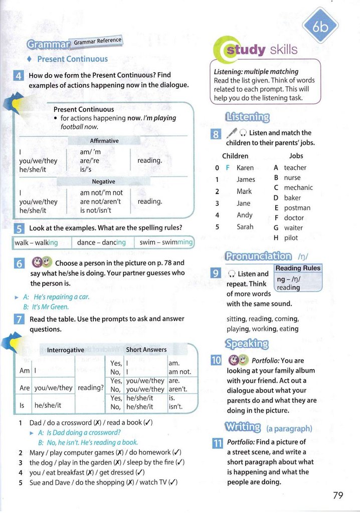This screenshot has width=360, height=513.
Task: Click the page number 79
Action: click(338, 495)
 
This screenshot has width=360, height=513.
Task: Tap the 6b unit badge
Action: click(320, 28)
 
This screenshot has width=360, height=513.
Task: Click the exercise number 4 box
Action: click(18, 76)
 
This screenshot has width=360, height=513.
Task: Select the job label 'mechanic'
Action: click(298, 187)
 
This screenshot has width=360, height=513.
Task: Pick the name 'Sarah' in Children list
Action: click(245, 227)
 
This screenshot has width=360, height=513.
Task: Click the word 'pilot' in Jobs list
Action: click(291, 237)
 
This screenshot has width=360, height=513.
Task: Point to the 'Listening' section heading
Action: click(247, 117)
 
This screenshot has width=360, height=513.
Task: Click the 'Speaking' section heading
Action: click(247, 344)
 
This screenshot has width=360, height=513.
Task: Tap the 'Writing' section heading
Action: click(243, 427)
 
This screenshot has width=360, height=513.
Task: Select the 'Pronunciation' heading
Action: click(258, 256)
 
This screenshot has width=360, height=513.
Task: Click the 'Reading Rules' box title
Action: click(298, 268)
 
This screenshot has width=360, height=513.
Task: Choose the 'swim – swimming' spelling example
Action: click(165, 242)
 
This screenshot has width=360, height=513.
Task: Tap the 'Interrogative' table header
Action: click(65, 350)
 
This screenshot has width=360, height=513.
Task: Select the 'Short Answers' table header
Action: click(146, 350)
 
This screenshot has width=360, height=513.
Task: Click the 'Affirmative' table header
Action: click(104, 141)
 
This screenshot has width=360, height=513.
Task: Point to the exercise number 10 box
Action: click(216, 360)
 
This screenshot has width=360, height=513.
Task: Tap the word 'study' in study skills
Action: click(245, 49)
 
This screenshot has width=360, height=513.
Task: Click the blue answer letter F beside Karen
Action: click(227, 168)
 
